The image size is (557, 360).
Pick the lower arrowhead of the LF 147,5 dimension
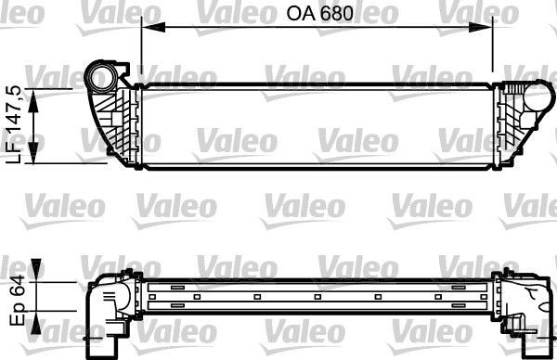pos(36,159)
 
